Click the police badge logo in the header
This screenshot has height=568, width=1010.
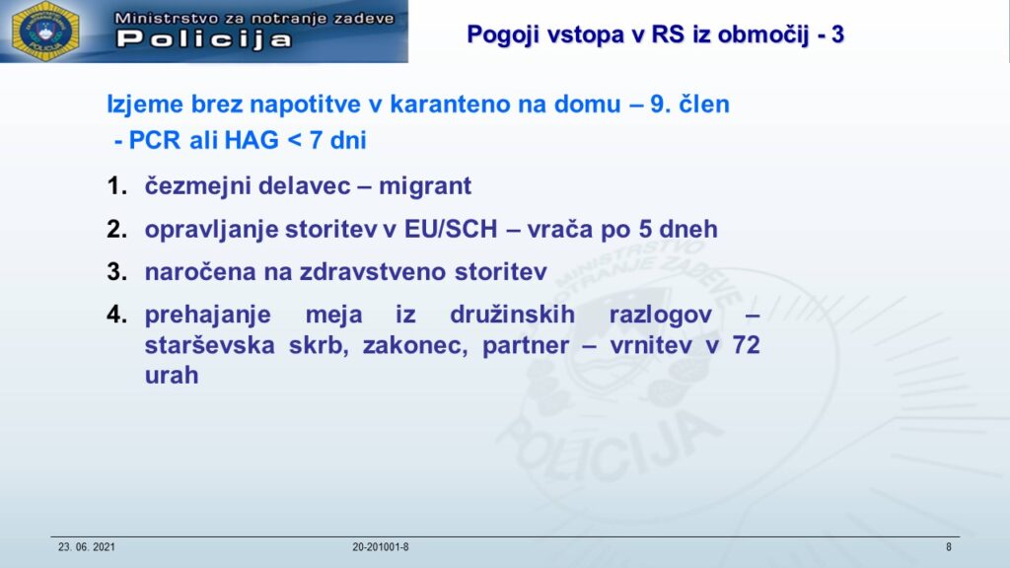tap(45, 31)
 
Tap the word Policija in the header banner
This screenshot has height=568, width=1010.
tap(204, 39)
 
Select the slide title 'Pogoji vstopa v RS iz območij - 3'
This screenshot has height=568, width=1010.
tap(655, 35)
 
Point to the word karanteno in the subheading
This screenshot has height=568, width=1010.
tap(450, 104)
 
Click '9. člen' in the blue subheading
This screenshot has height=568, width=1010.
tap(689, 104)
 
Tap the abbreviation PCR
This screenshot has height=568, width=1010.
tap(155, 140)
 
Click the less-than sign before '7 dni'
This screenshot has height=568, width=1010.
tap(294, 141)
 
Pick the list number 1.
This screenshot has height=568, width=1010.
tap(116, 186)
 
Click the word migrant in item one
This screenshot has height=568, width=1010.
tap(425, 186)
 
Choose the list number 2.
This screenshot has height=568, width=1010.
tap(116, 229)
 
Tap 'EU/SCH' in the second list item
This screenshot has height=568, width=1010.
tap(451, 229)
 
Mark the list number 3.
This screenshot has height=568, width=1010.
tap(116, 272)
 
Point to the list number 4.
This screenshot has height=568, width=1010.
tap(116, 315)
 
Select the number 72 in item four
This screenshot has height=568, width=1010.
tap(746, 345)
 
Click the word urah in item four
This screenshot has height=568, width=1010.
tap(172, 375)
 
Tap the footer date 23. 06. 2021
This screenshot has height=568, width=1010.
tap(87, 547)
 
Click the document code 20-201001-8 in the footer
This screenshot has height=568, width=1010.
tap(380, 547)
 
